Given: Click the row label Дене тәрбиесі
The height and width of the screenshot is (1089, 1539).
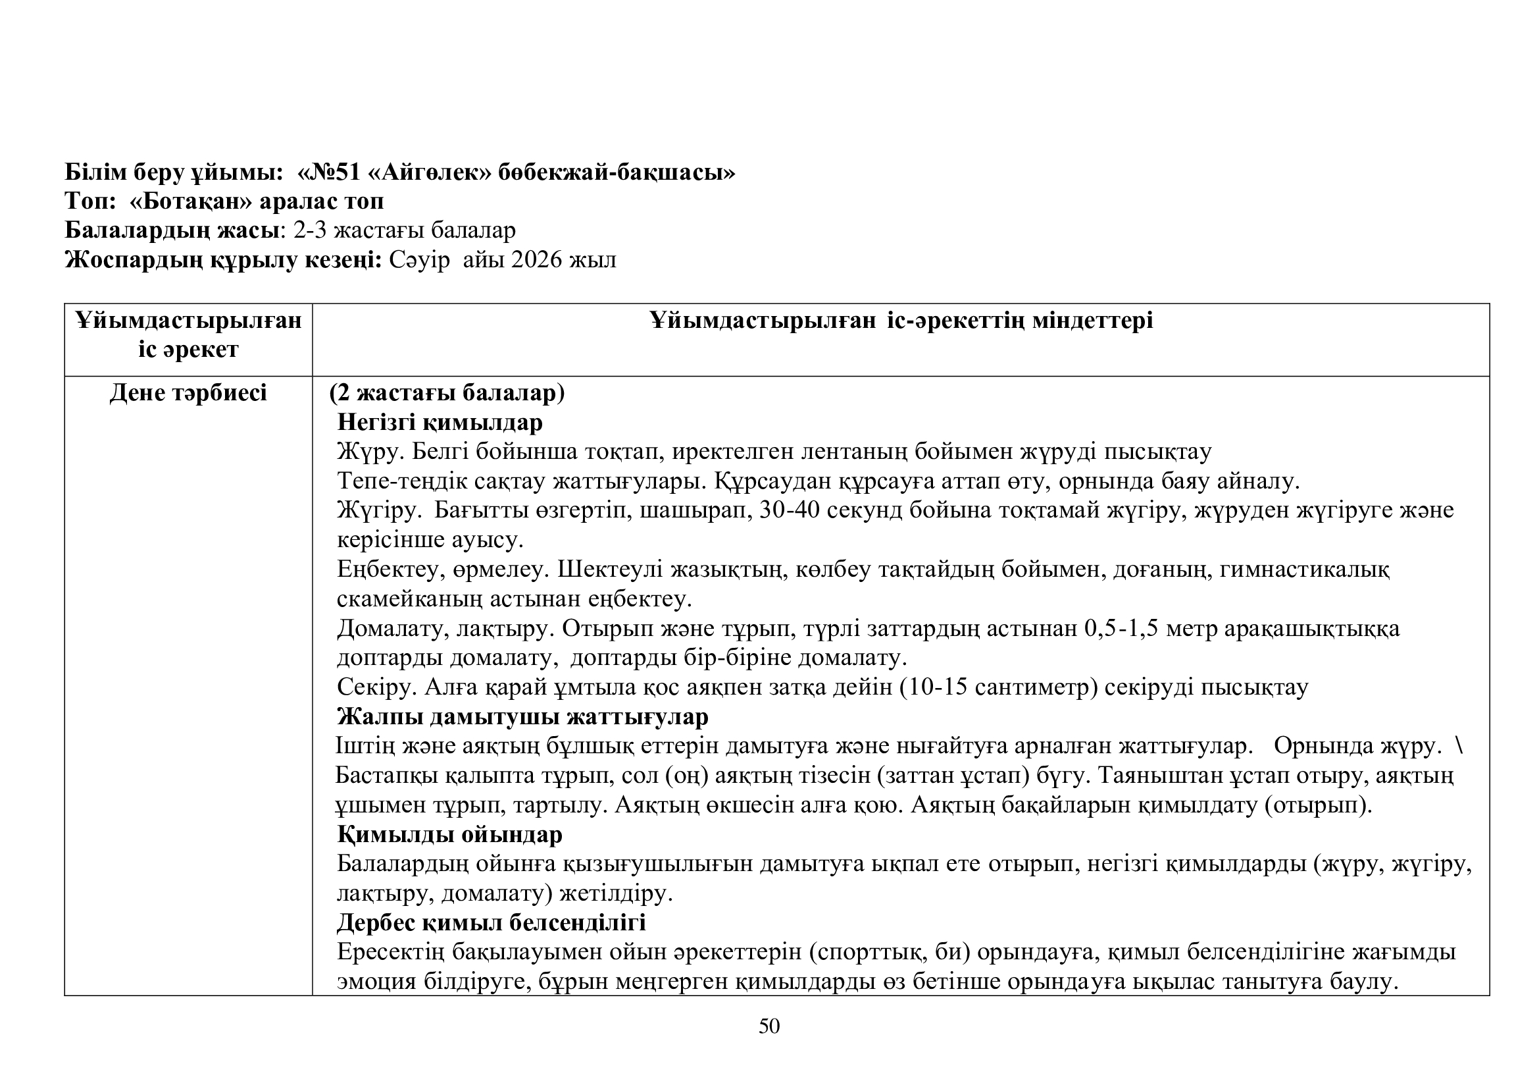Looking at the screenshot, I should point(188,393).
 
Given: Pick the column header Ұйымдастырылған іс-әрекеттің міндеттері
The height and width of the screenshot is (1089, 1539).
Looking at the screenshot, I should point(901,321).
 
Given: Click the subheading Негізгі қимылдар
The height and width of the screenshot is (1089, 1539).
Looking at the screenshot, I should point(440,423).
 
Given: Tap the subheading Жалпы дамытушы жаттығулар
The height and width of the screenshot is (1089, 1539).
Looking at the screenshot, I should point(522,717).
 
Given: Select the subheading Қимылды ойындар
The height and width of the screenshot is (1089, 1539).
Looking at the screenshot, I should point(449,835).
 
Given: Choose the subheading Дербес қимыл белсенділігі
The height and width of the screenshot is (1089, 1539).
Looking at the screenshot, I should point(492,922).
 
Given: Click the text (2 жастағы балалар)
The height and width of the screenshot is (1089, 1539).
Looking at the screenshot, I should point(447,393).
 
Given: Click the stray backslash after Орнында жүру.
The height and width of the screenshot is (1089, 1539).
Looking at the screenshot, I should point(1460,747).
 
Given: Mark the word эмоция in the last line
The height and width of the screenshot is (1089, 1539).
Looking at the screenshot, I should point(377,982).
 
